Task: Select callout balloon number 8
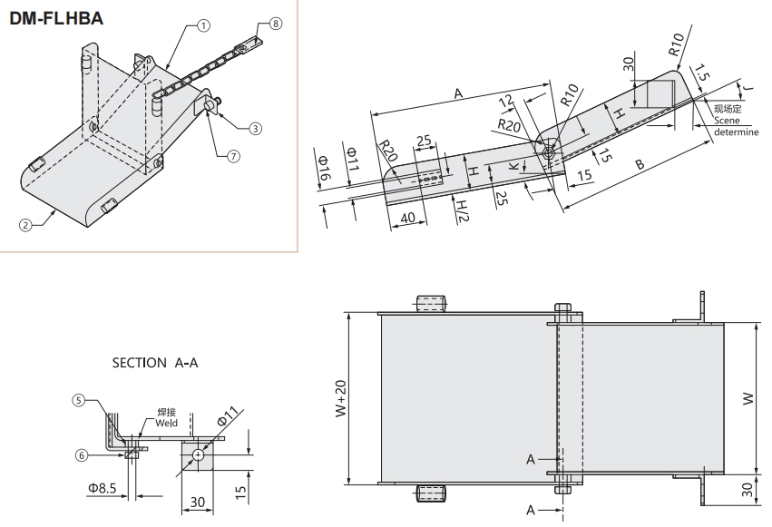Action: pos(276,25)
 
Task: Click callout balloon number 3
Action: pos(255,129)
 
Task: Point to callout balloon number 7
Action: pos(233,155)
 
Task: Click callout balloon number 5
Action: pos(79,400)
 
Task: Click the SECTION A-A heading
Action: pos(154,363)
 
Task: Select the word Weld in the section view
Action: pos(165,423)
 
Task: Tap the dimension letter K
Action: pos(513,168)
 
